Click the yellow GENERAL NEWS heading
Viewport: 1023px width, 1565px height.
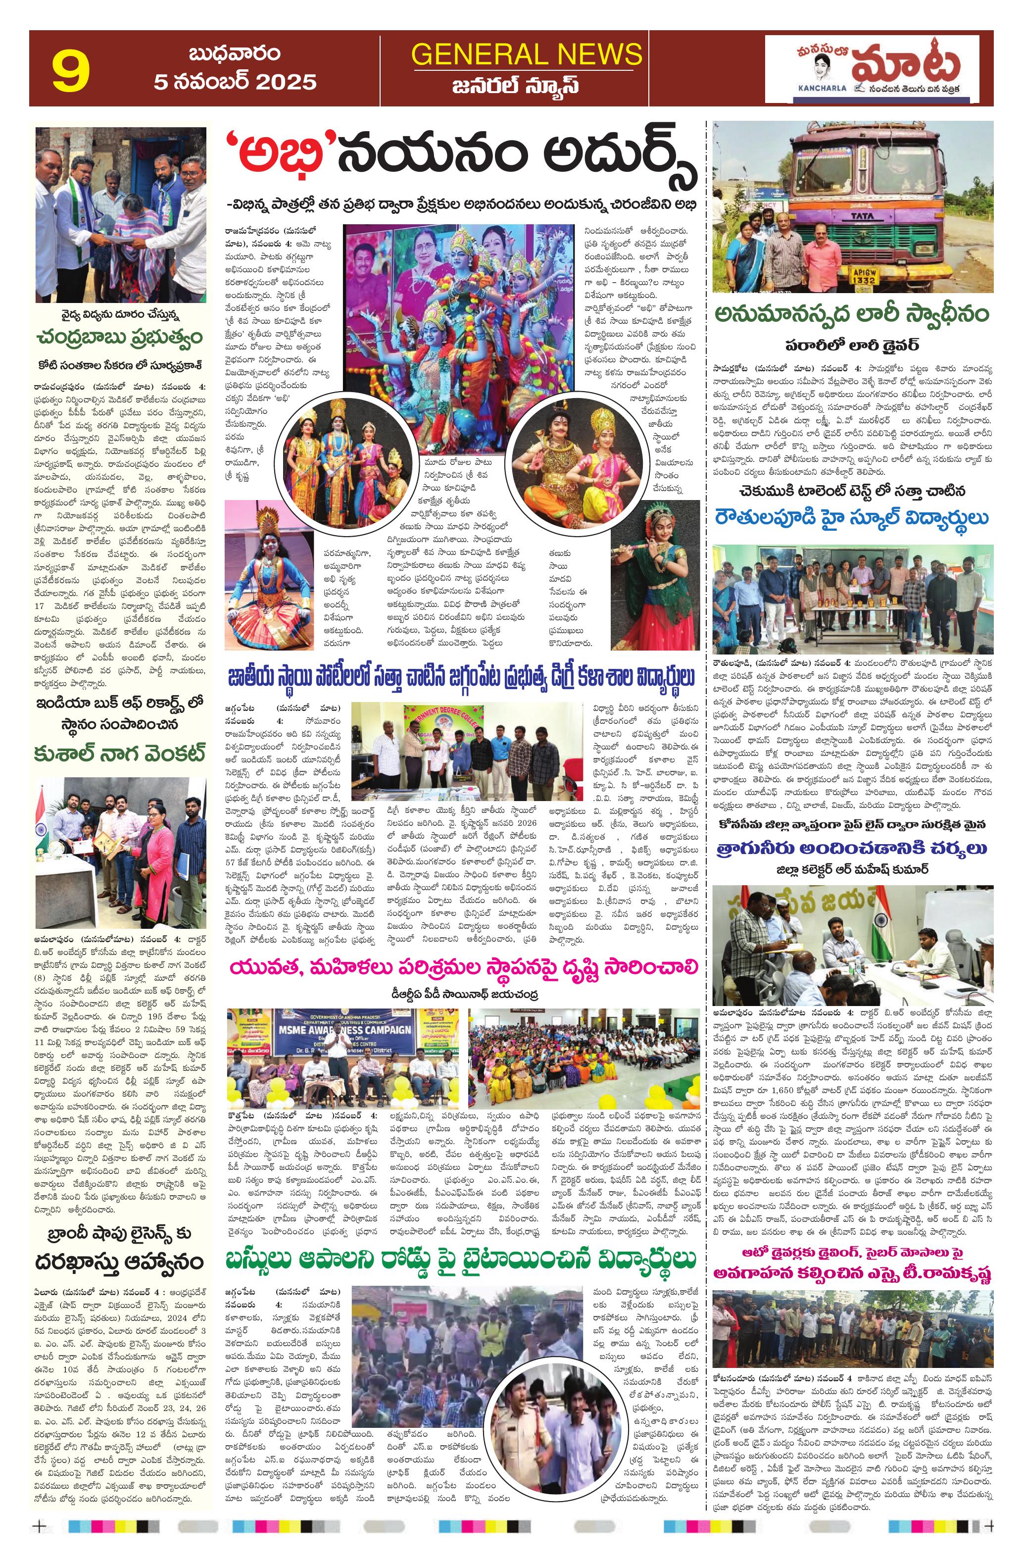pyautogui.click(x=527, y=54)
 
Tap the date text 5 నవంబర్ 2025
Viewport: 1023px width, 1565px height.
pyautogui.click(x=235, y=82)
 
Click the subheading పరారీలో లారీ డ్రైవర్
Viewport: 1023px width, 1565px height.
pyautogui.click(x=852, y=345)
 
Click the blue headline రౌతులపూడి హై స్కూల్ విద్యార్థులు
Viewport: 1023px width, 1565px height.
pyautogui.click(x=852, y=518)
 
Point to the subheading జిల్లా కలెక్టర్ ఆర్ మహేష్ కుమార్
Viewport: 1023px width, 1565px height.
pyautogui.click(x=852, y=869)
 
